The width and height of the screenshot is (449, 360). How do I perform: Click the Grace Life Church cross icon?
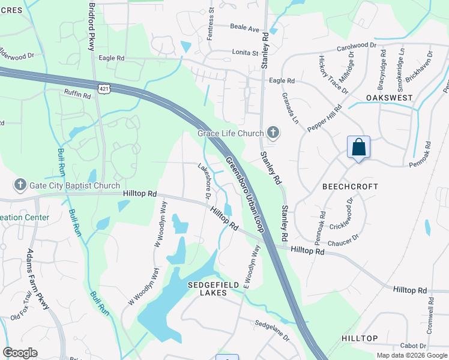(x=273, y=133)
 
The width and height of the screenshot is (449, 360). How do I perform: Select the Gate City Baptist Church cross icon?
(x=20, y=185)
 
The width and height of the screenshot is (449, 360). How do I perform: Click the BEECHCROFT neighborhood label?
(x=350, y=187)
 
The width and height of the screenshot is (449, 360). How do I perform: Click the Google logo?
(x=20, y=352)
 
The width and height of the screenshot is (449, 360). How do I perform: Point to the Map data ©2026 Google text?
(x=412, y=355)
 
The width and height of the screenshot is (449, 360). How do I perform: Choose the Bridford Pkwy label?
(x=92, y=22)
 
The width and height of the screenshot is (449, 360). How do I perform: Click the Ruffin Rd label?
(x=77, y=94)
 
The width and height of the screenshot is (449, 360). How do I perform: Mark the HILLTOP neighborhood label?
(x=360, y=338)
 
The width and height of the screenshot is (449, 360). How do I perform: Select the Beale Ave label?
(x=245, y=28)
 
